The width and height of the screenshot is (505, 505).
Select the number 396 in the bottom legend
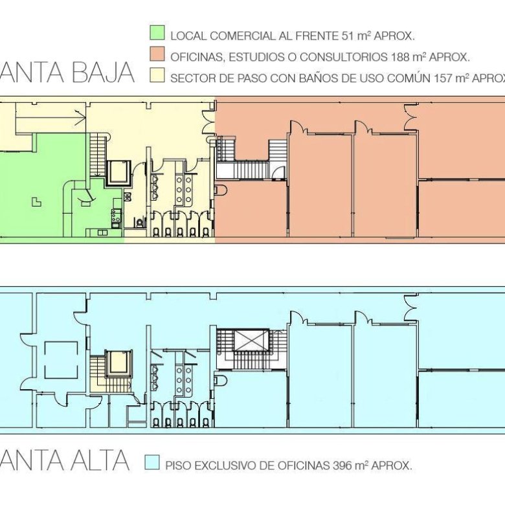click(x=345, y=465)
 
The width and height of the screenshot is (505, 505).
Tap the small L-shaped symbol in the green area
click(x=36, y=201)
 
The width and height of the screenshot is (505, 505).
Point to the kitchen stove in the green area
click(x=117, y=217)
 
